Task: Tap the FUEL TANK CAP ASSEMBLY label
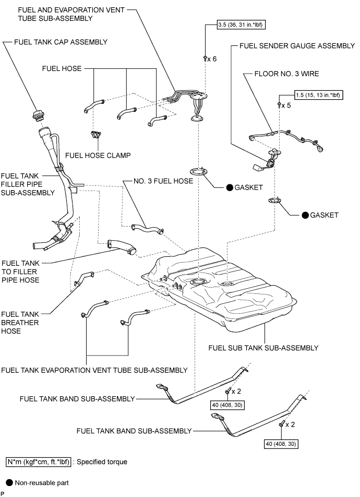69,41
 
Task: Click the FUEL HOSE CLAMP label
98,155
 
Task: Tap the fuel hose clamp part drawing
95,136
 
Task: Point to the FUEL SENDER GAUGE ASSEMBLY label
297,45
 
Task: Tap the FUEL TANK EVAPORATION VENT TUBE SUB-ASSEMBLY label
94,370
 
